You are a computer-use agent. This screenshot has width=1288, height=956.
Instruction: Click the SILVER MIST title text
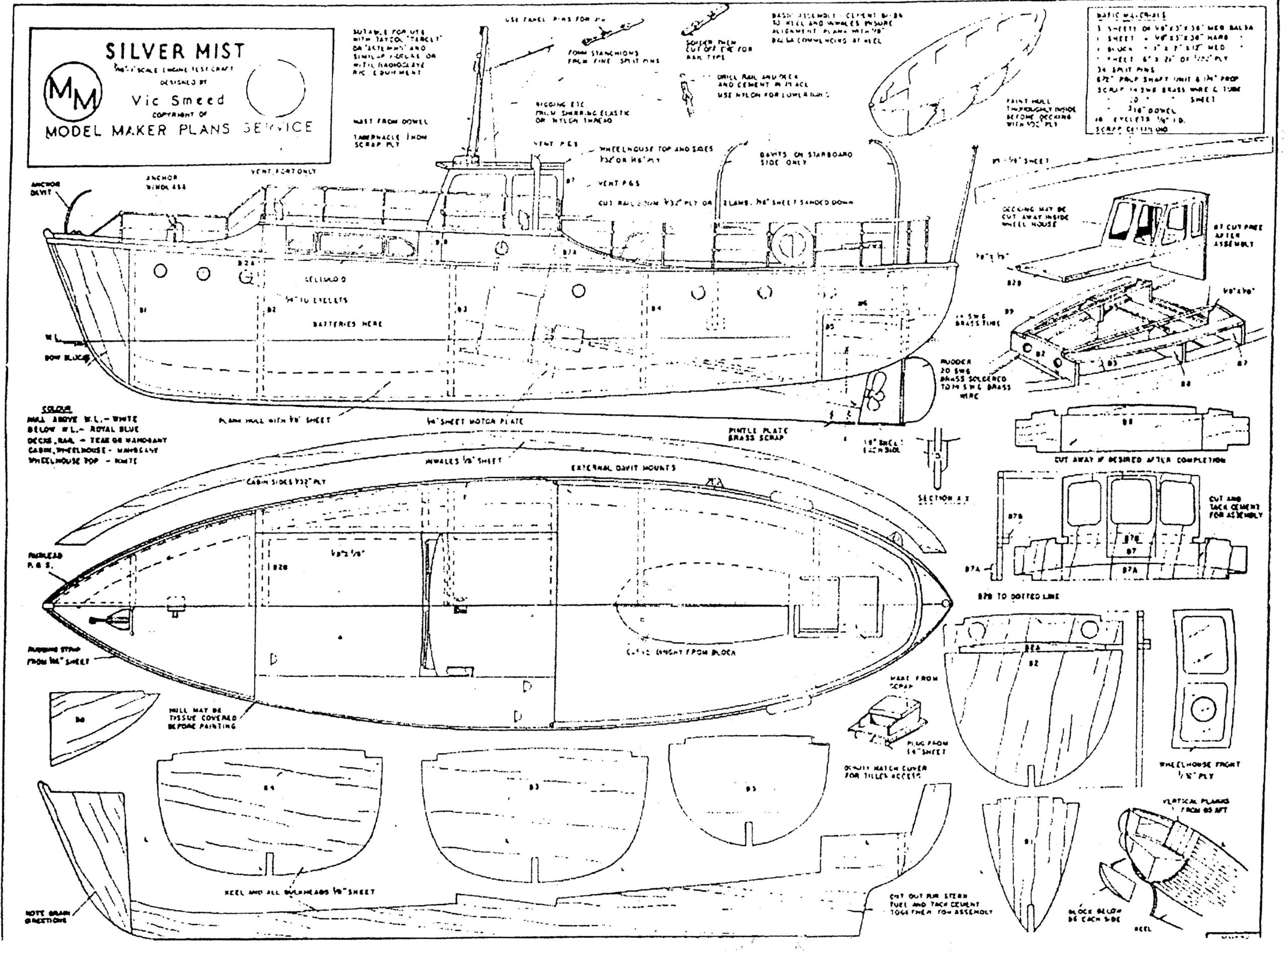point(175,51)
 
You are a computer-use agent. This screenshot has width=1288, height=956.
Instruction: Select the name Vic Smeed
point(177,99)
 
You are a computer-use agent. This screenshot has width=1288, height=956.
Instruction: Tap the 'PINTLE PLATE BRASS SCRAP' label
point(750,434)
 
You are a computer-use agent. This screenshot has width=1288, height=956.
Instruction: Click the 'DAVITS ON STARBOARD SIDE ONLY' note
point(804,158)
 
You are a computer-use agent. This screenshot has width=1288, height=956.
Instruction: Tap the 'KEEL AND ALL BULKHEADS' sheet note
point(299,892)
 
